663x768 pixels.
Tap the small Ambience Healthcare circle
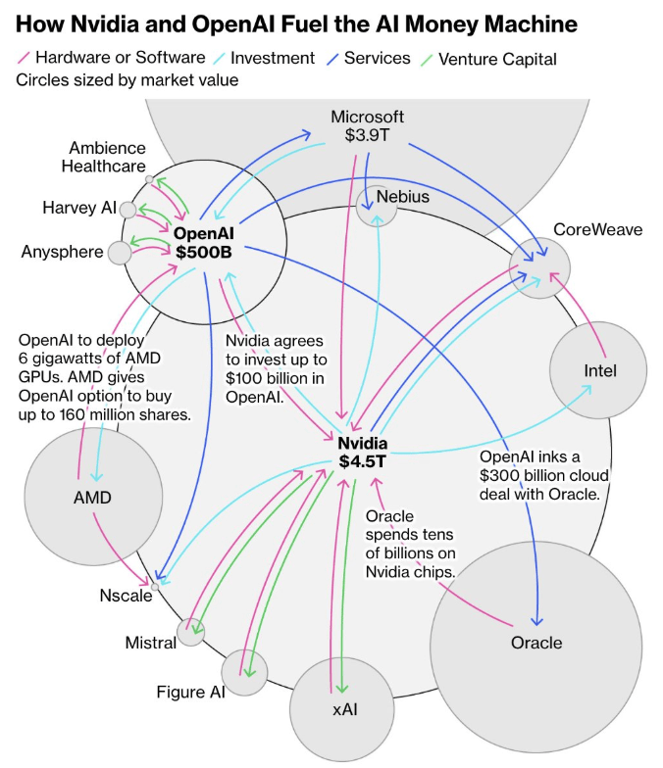[x=149, y=180]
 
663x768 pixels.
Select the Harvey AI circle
[x=127, y=209]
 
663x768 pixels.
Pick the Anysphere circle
[x=120, y=253]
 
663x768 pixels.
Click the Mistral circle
[x=191, y=633]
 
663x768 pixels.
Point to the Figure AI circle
[x=245, y=673]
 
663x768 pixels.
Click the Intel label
[x=600, y=371]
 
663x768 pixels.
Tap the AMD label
[x=92, y=497]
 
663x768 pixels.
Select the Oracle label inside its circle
[x=536, y=643]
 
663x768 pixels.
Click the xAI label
[x=344, y=707]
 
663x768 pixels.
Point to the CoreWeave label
[x=598, y=229]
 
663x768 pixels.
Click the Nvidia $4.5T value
[x=363, y=461]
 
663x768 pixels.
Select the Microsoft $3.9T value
[x=367, y=136]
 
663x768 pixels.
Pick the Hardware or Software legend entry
[x=124, y=59]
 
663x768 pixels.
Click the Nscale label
[x=126, y=596]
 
